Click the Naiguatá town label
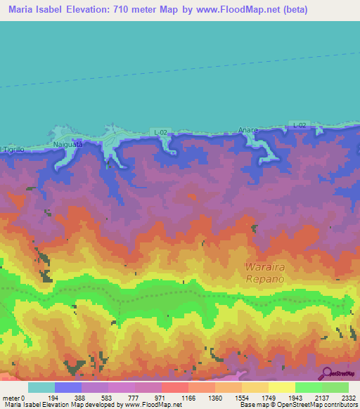click(68, 143)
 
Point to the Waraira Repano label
click(266, 272)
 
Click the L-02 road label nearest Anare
click(299, 125)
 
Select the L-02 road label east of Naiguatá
click(160, 131)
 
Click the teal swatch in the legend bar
click(41, 387)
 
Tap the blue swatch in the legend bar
click(67, 387)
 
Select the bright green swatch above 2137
click(308, 387)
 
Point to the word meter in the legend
click(13, 397)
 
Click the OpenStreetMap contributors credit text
click(307, 405)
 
